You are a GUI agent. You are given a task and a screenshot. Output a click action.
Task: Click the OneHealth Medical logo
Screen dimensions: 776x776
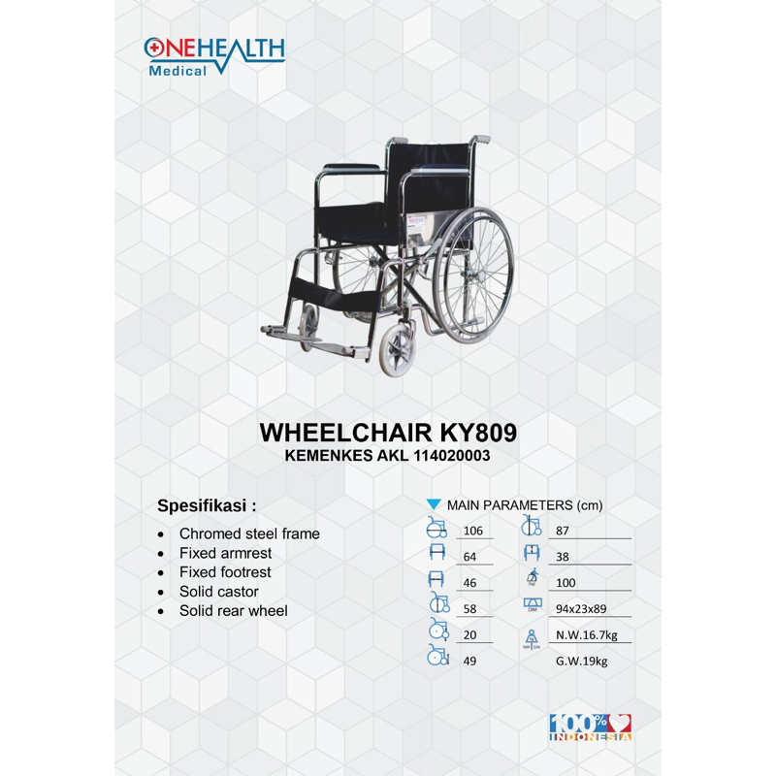click(213, 55)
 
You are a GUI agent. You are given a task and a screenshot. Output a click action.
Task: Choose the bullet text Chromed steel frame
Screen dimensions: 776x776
click(248, 533)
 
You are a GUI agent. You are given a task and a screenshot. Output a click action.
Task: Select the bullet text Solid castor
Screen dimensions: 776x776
click(218, 592)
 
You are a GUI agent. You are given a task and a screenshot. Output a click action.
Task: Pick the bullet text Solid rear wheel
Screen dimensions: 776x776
click(233, 611)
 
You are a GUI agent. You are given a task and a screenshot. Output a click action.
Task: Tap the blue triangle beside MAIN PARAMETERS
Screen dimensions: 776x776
click(434, 505)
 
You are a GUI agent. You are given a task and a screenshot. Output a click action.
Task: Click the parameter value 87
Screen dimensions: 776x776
click(562, 530)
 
